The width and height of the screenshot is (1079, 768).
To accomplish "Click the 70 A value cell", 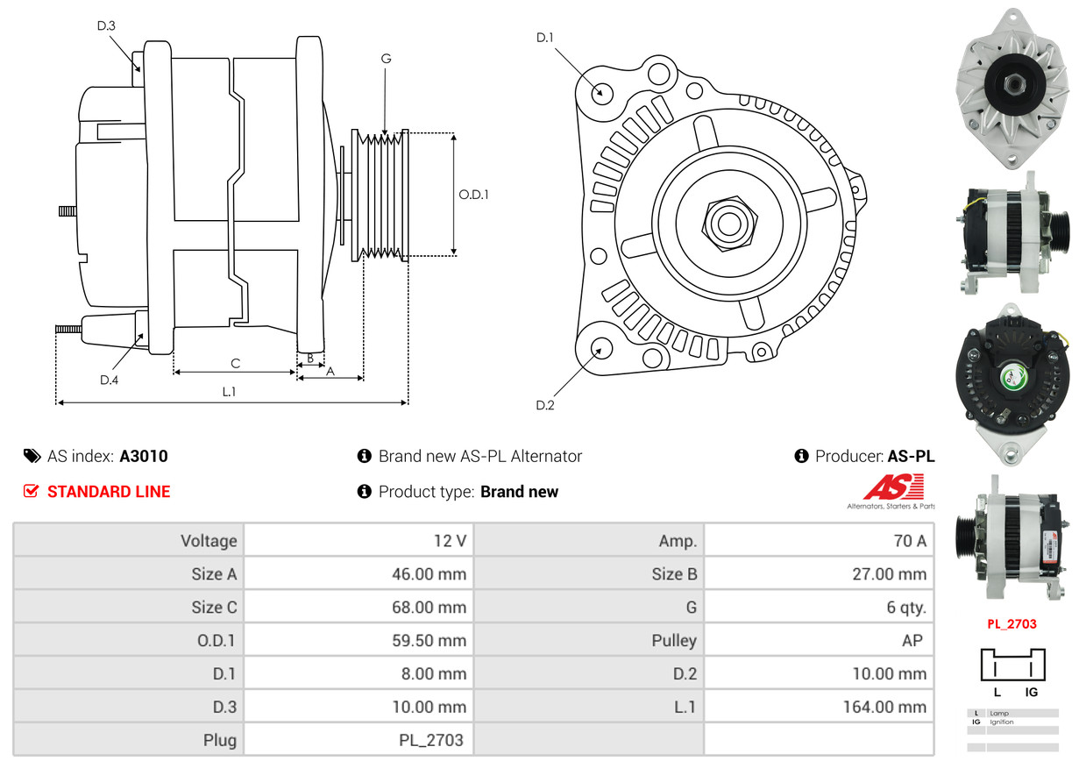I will pos(909,541).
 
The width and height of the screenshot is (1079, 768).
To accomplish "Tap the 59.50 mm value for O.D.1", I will pos(429,641).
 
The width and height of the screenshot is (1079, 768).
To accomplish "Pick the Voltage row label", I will pos(209,541).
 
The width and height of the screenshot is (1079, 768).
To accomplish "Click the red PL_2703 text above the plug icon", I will pos(1012,624).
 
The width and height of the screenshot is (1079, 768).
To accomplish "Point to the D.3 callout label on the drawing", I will pos(106,26).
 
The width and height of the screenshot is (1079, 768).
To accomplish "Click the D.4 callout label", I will pos(109,380).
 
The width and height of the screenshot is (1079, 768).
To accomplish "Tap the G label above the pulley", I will pos(386,59).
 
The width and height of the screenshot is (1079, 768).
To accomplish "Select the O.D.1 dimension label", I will pos(473,195).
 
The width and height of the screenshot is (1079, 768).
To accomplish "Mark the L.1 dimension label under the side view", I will pos(229,392).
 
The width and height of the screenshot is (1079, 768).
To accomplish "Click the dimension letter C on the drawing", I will pos(235,363).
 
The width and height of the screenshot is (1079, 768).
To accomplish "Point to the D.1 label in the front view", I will pos(545,38).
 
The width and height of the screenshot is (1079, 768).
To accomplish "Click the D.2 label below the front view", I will pos(545,405).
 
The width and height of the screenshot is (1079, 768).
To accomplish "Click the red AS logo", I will pos(893,487).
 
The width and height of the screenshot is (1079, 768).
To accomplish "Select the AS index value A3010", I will pos(144,456).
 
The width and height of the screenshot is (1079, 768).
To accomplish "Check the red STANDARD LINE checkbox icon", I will pos(32,492).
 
